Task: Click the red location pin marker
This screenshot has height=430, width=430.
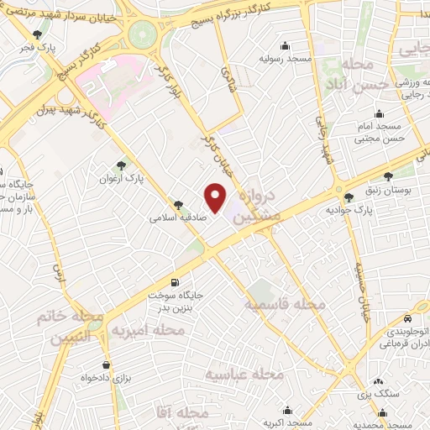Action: tap(217, 198)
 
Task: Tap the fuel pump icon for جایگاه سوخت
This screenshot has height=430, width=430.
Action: tap(175, 283)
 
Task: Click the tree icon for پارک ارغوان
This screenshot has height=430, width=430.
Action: tap(122, 165)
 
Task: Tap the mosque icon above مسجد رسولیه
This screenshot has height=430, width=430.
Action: tap(286, 45)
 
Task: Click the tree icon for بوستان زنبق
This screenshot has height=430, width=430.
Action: tap(388, 176)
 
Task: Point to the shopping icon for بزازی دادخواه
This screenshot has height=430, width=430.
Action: tap(107, 365)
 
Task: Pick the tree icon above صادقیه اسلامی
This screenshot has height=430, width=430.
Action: tap(178, 204)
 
